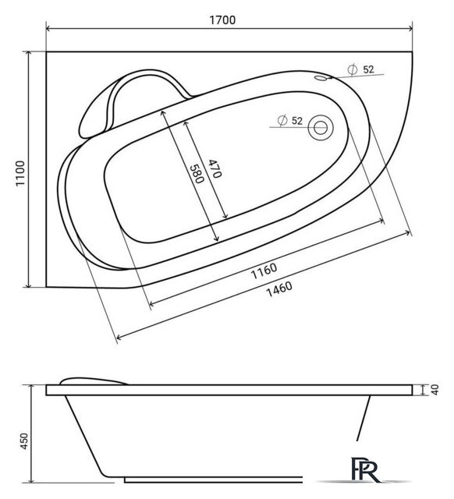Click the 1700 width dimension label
click(222, 20)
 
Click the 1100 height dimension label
click(20, 173)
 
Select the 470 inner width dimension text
click(215, 168)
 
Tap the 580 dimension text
click(197, 174)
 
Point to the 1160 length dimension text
click(264, 271)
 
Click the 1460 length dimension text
click(279, 289)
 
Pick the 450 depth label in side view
click(24, 441)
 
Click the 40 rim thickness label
click(435, 390)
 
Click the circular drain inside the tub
click(321, 127)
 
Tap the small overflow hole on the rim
click(321, 78)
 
